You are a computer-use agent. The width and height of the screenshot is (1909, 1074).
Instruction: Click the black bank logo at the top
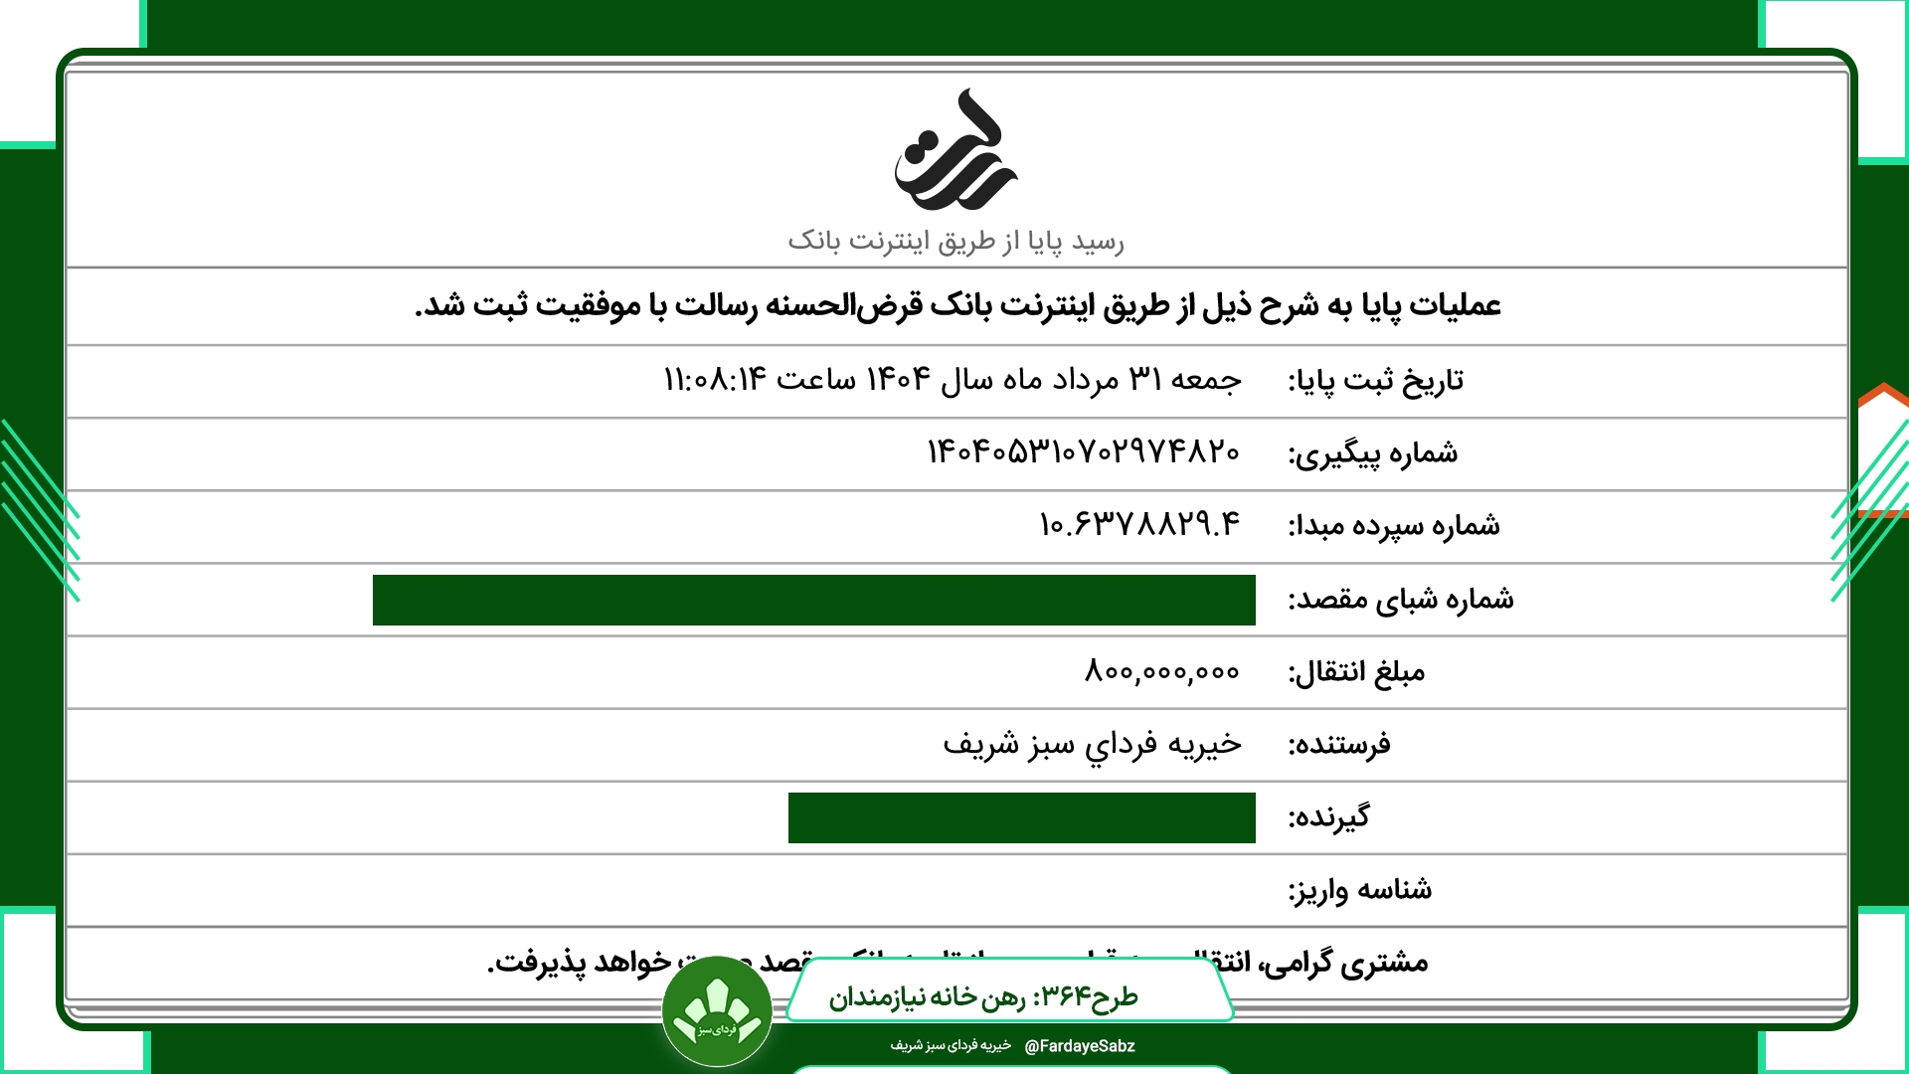coord(954,151)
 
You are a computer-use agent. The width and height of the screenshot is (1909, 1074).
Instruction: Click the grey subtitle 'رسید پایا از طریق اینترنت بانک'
coord(955,242)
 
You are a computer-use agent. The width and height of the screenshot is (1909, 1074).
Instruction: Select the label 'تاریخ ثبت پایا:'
coord(1375,381)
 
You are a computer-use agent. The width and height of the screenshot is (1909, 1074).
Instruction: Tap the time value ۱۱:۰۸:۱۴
coord(715,380)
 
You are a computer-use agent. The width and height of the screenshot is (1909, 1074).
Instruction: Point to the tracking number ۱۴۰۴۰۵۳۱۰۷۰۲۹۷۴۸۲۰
coord(1083,452)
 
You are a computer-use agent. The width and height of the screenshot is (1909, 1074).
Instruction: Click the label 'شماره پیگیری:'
coord(1373,453)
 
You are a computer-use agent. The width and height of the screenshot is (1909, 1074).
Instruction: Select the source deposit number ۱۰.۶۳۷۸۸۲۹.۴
coord(1139,525)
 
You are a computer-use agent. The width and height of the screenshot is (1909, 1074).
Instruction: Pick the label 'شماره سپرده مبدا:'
coord(1394,526)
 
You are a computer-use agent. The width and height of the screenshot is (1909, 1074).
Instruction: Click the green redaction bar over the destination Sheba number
coord(813,600)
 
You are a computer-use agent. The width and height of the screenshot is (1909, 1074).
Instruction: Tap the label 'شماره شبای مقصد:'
coord(1401,600)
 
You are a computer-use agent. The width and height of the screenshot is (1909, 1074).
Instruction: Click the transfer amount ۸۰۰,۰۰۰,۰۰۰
coord(1161,672)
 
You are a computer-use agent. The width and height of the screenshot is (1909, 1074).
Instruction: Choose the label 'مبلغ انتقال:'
coord(1356,673)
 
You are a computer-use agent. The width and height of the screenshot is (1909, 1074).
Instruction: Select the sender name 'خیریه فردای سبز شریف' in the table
coord(1092,745)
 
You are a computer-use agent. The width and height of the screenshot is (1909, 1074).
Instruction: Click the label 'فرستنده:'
coord(1339,745)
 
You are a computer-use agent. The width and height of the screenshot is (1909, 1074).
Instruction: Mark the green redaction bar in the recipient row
coord(1021,817)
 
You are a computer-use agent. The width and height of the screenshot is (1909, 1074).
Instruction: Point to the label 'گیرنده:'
coord(1328,817)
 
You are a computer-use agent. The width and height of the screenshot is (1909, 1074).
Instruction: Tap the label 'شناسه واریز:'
coord(1360,890)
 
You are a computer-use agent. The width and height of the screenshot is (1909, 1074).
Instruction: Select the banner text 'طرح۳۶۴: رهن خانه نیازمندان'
coord(983,996)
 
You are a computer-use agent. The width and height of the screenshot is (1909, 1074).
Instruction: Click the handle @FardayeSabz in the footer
coord(1079,1046)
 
